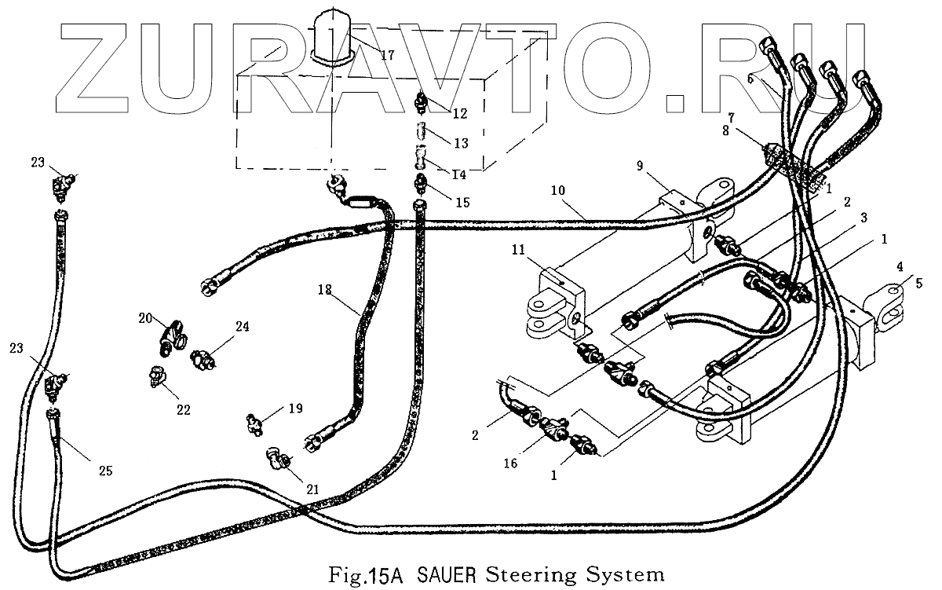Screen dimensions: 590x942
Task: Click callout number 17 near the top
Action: pyautogui.click(x=388, y=55)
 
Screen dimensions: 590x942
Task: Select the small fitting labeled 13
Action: pyautogui.click(x=421, y=130)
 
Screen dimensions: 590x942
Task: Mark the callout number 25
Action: pyautogui.click(x=105, y=471)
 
